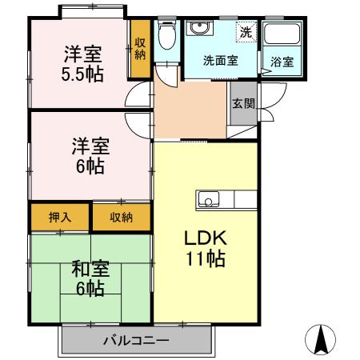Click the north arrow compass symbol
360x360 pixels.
tap(320, 340)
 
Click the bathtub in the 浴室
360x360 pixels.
tap(282, 38)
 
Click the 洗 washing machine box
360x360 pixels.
tap(244, 33)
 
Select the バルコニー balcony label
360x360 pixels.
tap(136, 342)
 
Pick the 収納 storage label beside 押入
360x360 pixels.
tap(121, 218)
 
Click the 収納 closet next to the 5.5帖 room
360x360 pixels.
tap(140, 50)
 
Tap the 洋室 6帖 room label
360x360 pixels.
tap(90, 155)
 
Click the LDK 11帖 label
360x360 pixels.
tap(206, 248)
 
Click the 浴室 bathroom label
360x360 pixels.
tap(282, 62)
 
